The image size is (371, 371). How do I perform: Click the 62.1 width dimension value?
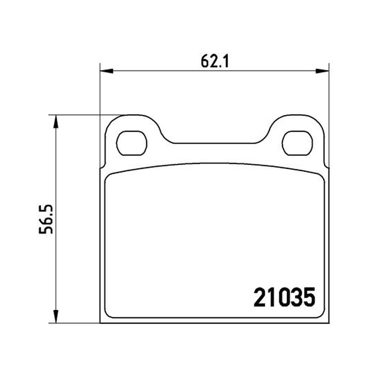215,62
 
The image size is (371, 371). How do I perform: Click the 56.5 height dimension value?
45,219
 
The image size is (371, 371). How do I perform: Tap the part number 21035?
284,297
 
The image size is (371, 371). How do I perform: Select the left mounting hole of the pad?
132,143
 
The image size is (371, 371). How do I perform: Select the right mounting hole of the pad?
297,143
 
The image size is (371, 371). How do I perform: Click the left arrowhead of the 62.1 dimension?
107,71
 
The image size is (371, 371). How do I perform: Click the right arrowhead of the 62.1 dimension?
322,71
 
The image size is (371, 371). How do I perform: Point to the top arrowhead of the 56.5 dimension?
56,122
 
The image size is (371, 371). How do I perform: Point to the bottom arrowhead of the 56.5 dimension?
56,316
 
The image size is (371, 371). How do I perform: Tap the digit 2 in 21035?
259,297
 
